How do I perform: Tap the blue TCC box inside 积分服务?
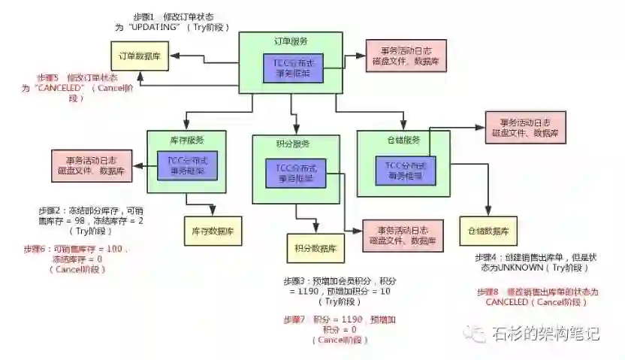(295, 174)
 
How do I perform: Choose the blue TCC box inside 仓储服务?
(403, 170)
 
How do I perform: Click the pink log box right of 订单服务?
(406, 56)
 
